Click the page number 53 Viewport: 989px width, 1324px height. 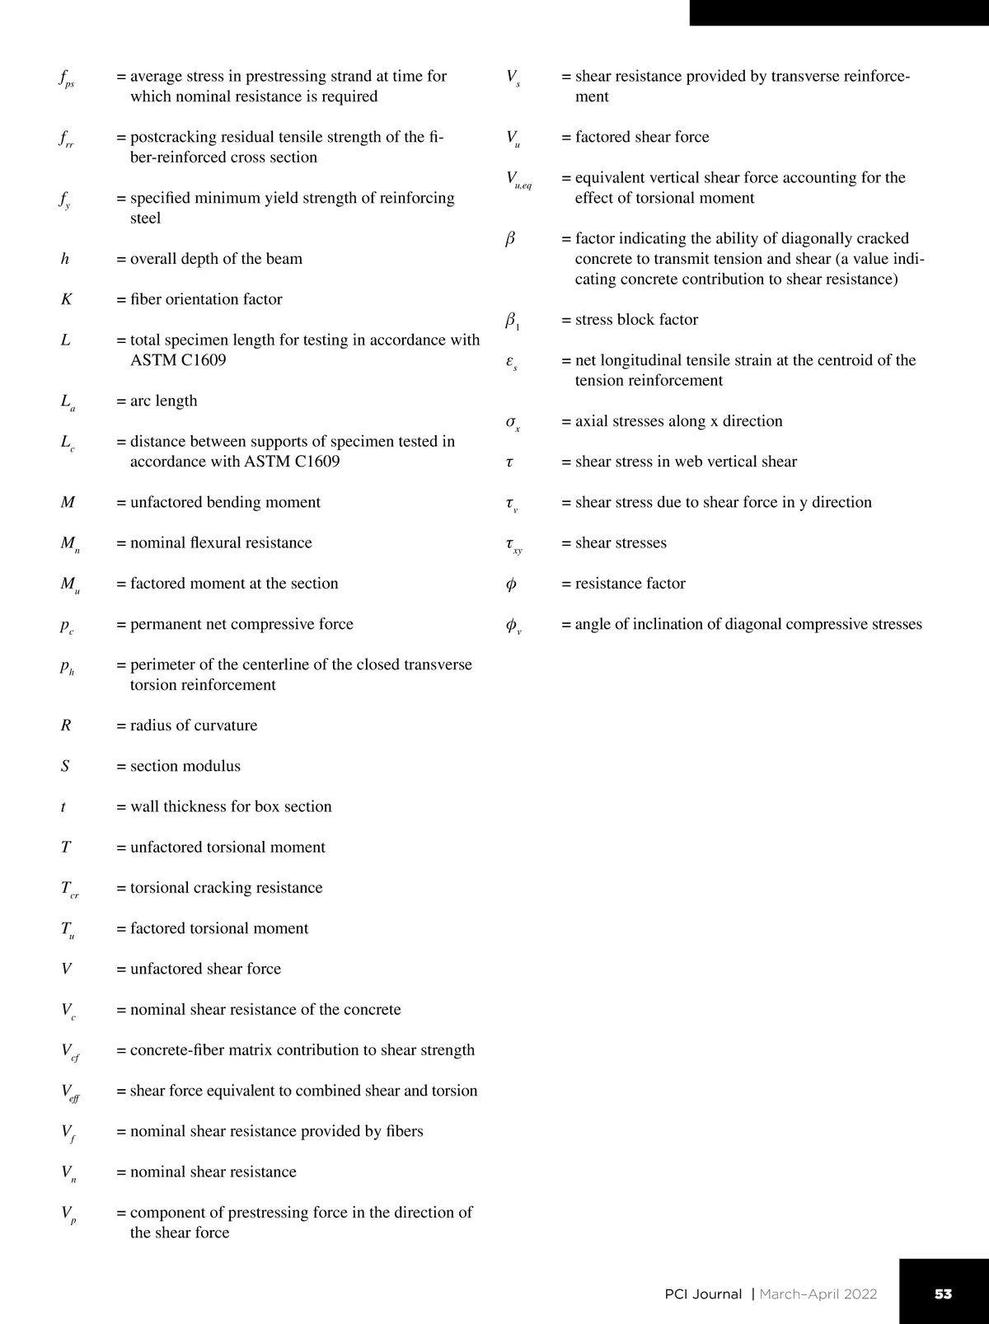click(x=943, y=1293)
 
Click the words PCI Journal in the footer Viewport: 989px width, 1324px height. click(x=703, y=1293)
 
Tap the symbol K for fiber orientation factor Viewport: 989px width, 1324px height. click(x=67, y=299)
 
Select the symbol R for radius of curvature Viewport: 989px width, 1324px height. click(x=66, y=725)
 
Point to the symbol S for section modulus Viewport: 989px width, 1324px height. click(x=65, y=766)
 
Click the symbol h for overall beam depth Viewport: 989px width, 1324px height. click(x=65, y=259)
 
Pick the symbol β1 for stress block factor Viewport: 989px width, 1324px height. click(x=512, y=321)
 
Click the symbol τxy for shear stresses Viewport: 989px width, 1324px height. click(x=514, y=544)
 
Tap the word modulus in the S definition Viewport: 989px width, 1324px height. click(x=213, y=766)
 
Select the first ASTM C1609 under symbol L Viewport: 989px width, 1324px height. click(x=178, y=360)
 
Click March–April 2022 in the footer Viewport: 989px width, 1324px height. click(x=818, y=1293)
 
